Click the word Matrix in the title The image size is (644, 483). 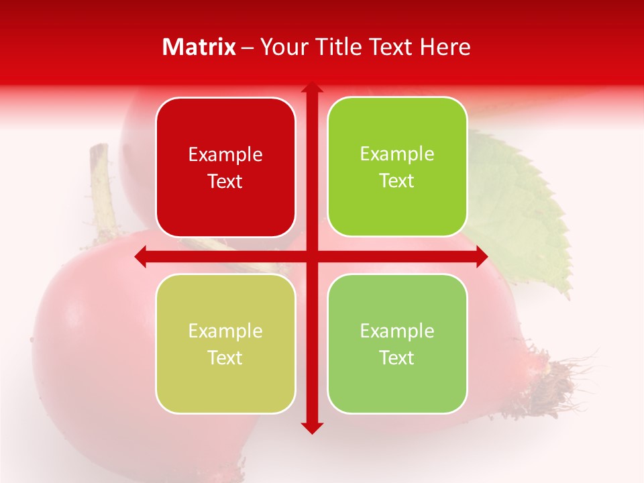[199, 47]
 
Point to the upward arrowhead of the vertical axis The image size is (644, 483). [312, 87]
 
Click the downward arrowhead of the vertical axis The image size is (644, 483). [312, 427]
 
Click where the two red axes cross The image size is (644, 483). [312, 256]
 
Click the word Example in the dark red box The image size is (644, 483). [225, 155]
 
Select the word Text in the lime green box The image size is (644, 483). [397, 181]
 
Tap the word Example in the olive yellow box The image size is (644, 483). [225, 331]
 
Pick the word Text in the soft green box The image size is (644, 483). [397, 358]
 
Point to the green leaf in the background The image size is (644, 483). [530, 215]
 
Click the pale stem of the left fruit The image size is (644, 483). [103, 188]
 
